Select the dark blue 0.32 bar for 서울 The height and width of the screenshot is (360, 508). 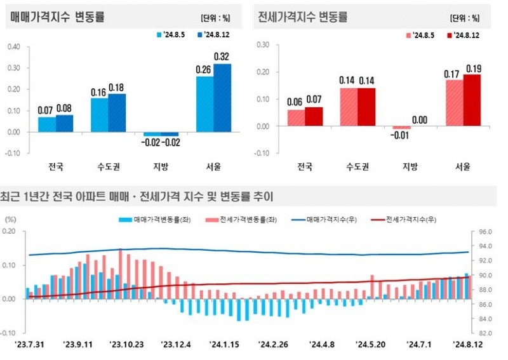222,98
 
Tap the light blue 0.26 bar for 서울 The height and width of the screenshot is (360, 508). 204,105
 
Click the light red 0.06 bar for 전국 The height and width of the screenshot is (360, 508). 296,118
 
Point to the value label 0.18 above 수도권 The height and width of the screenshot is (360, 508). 117,87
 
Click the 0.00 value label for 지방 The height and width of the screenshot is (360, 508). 420,119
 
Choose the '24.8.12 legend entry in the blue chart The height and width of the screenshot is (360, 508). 215,35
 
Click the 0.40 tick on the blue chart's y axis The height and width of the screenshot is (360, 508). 14,46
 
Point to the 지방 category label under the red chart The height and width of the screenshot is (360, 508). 410,167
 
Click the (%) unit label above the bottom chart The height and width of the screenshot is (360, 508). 11,218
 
